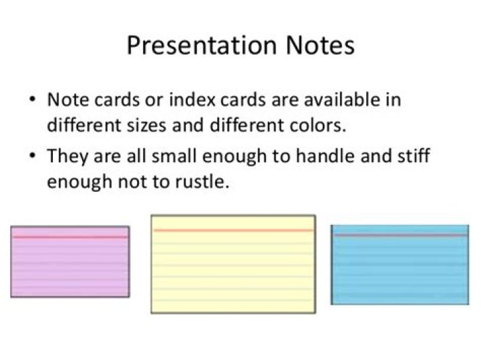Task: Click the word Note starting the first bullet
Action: point(65,101)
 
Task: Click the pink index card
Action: point(70,267)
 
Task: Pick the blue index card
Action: point(399,271)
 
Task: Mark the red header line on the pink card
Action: point(70,237)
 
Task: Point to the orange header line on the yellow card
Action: point(232,230)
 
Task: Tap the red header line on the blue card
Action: point(399,235)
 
